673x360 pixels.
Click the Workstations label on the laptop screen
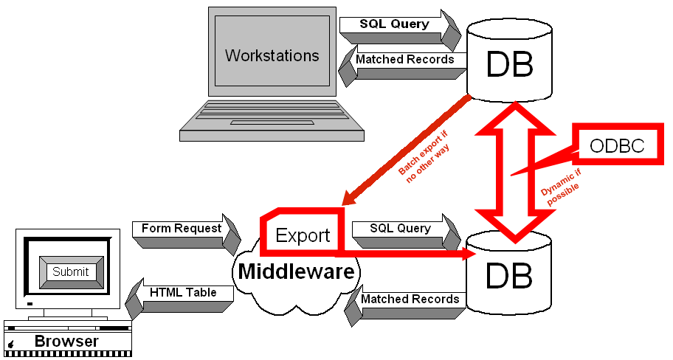[272, 56]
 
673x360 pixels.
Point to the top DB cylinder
[509, 63]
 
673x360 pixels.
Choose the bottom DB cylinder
[508, 276]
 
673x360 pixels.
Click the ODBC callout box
[617, 146]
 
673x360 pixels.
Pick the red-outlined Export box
[303, 235]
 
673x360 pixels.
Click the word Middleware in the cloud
[296, 271]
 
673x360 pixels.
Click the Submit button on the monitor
[70, 271]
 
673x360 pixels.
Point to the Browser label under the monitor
[66, 342]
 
